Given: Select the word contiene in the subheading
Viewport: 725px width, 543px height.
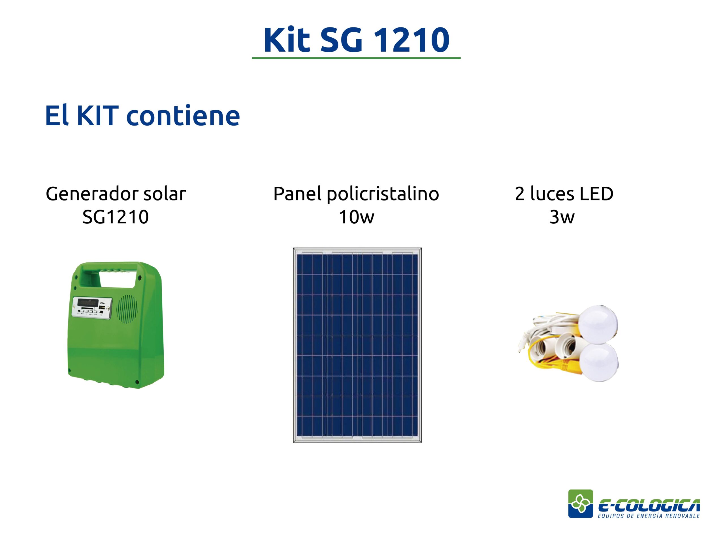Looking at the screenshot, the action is pos(183,116).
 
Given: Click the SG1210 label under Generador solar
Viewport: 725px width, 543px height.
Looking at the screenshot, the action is pos(116,217).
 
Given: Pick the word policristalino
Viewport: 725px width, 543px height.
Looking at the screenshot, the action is pos(383,194).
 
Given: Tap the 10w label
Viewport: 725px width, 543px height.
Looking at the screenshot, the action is pos(356,217).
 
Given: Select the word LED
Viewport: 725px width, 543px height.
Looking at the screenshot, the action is pos(596,194).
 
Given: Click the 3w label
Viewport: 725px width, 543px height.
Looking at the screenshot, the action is pos(562,217).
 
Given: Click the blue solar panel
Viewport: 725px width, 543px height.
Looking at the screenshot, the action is pos(357,345).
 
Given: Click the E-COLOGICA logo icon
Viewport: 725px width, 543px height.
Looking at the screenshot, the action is pos(581,504).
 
